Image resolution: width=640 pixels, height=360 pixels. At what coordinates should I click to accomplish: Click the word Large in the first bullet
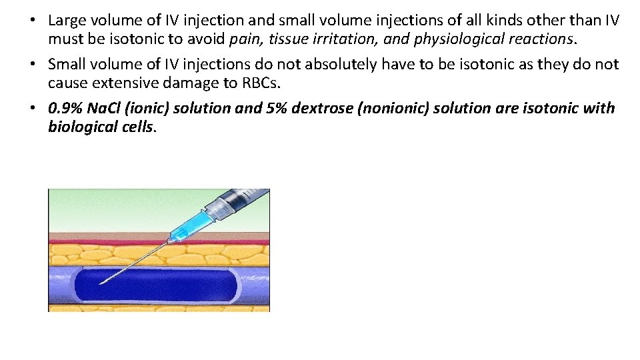[x=65, y=21]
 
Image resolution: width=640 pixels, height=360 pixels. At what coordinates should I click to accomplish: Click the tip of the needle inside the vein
[x=100, y=284]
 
